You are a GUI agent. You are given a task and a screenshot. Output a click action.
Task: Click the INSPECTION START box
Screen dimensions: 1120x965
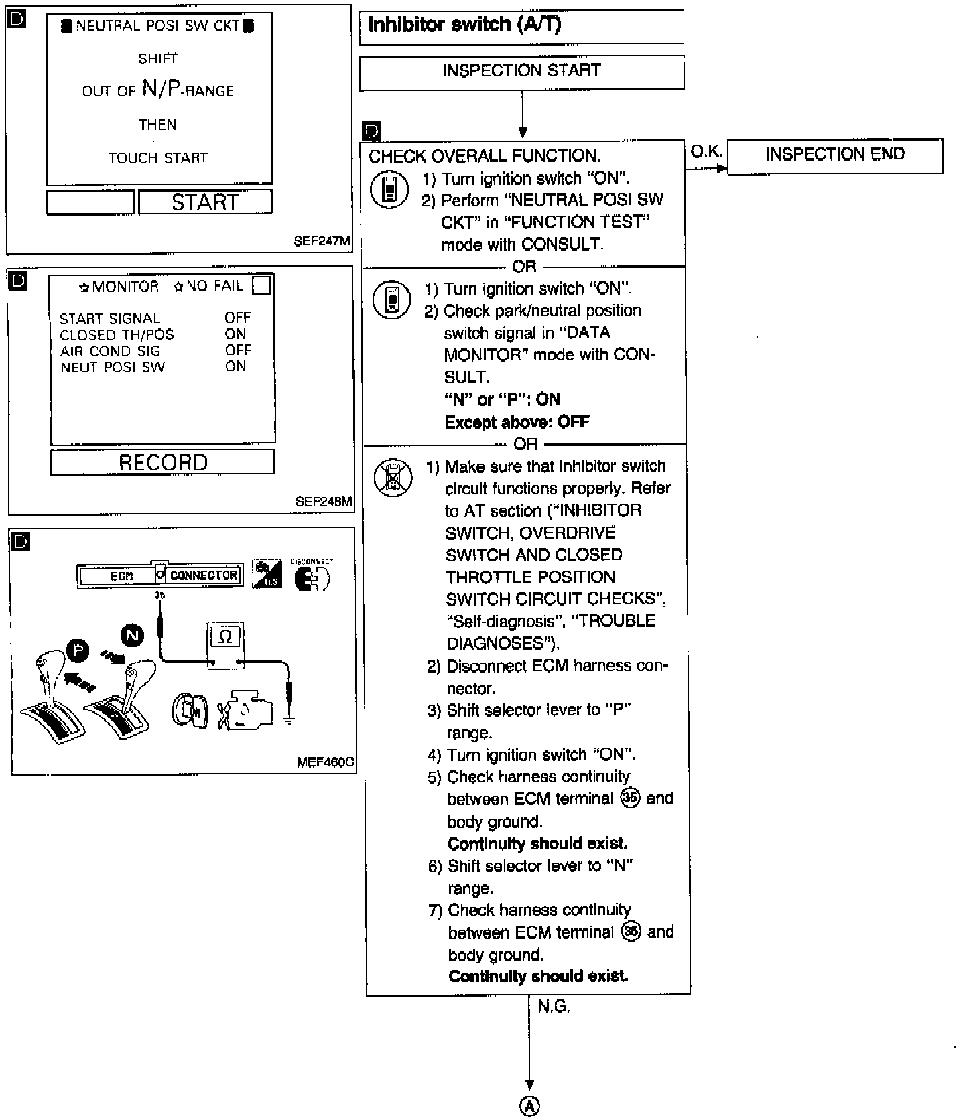521,72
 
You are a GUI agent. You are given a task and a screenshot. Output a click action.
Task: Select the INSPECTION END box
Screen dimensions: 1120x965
835,155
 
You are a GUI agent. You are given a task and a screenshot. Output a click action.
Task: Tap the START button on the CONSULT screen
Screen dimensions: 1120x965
205,202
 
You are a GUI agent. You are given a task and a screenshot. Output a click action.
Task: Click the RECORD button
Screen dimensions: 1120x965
163,462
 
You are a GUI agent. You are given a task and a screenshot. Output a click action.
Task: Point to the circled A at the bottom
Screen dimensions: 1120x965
530,1107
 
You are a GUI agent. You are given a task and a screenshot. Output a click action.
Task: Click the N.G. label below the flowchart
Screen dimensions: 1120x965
554,1007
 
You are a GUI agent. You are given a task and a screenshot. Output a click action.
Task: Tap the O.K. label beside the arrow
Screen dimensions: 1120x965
706,152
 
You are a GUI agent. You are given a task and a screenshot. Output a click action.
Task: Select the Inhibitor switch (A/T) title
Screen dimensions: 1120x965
465,25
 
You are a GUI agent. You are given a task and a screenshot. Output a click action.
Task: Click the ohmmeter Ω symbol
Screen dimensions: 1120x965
226,636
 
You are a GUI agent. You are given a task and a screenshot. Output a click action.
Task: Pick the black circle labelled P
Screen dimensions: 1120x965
78,650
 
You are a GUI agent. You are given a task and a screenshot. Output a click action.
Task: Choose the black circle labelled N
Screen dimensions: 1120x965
132,634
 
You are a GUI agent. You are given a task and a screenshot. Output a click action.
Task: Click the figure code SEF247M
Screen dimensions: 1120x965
322,241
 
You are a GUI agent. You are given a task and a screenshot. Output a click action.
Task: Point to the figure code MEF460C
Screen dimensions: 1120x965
325,762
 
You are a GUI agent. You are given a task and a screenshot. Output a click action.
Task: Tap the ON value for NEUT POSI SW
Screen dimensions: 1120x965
236,366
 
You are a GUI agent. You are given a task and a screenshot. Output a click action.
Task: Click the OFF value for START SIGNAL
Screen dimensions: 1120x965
238,318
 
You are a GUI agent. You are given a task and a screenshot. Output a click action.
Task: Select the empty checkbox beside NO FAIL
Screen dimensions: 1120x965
262,286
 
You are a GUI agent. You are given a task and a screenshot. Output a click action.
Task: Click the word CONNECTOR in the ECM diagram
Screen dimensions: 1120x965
203,575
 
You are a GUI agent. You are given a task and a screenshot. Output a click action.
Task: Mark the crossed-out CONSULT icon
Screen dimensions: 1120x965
393,478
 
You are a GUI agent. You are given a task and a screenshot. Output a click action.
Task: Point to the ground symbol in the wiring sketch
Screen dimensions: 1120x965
289,720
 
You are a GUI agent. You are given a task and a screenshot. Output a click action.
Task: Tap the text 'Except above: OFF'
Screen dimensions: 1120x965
517,422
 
